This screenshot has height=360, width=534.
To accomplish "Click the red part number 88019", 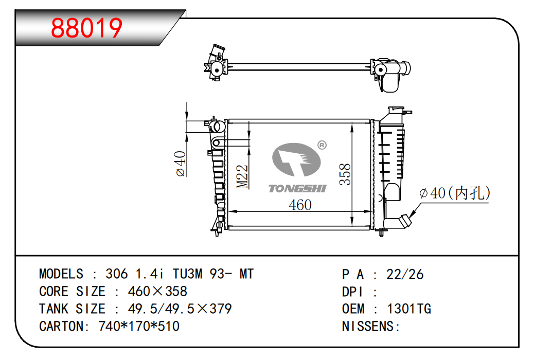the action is [86, 28].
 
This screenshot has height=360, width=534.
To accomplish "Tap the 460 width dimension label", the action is [300, 205].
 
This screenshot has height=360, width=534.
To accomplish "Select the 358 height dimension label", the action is [345, 174].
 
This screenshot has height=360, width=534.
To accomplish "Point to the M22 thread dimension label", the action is [242, 176].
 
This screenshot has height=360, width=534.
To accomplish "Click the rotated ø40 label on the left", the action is [181, 164].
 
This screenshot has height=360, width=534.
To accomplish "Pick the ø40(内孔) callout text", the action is [455, 193].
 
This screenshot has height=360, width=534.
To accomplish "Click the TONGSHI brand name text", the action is [297, 189].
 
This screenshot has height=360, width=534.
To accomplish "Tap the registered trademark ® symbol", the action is [322, 145].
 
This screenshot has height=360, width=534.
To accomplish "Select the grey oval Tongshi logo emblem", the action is [296, 159].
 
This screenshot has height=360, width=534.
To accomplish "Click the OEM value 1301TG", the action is [409, 309].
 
